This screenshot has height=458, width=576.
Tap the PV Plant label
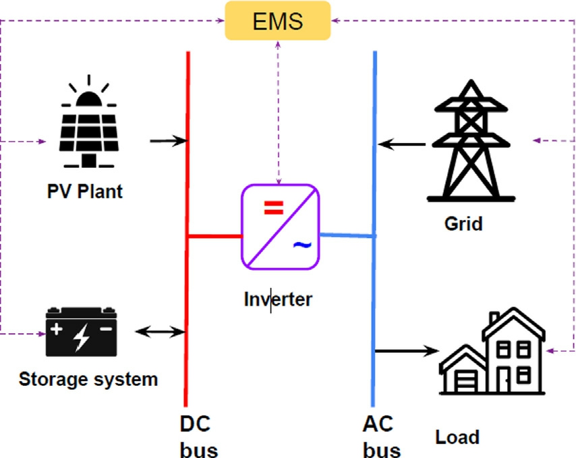tap(85, 191)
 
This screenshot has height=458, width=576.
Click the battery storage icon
tap(81, 332)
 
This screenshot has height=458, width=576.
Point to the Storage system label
tap(88, 378)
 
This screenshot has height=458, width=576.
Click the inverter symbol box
tap(281, 227)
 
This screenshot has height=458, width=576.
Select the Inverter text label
tap(278, 299)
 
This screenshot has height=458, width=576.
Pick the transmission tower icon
tap(471, 140)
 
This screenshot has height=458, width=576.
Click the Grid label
tap(463, 223)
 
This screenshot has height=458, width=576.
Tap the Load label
tap(457, 436)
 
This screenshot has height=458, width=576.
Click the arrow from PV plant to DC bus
tap(167, 141)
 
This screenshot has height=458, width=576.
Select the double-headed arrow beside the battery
tap(160, 331)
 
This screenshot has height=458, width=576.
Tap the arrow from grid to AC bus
tap(402, 144)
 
